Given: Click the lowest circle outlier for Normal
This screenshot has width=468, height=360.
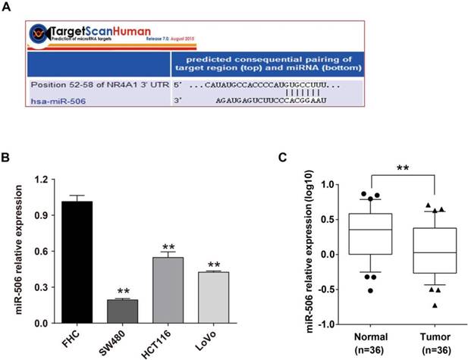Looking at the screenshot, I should tap(350, 290).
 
